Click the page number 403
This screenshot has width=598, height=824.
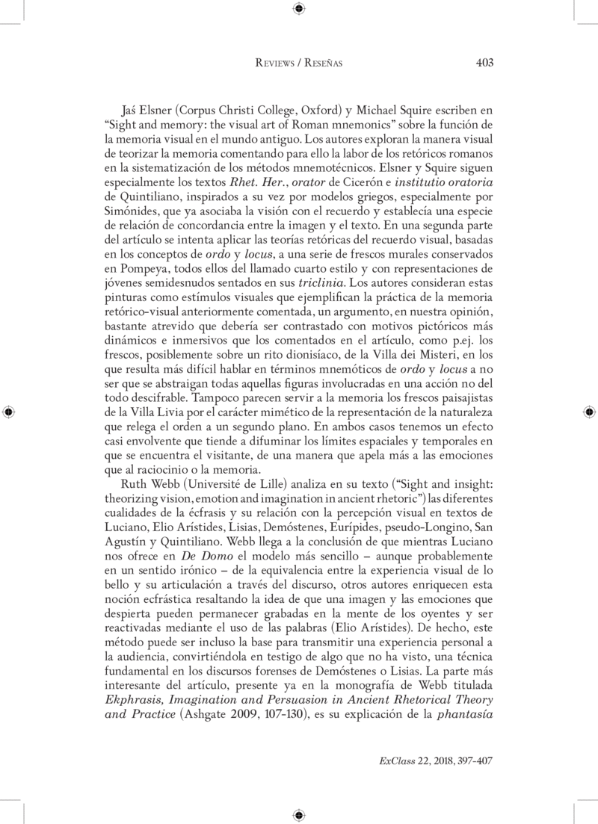coord(484,63)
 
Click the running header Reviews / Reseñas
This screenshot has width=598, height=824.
coord(299,64)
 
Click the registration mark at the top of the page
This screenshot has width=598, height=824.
coord(299,8)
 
